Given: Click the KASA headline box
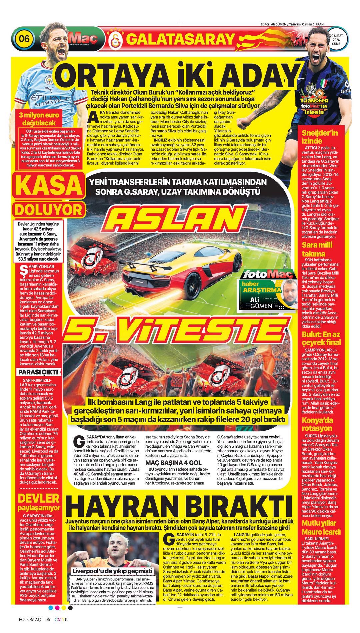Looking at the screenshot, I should [47, 186].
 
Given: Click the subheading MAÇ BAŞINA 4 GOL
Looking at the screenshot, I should [173, 463].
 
